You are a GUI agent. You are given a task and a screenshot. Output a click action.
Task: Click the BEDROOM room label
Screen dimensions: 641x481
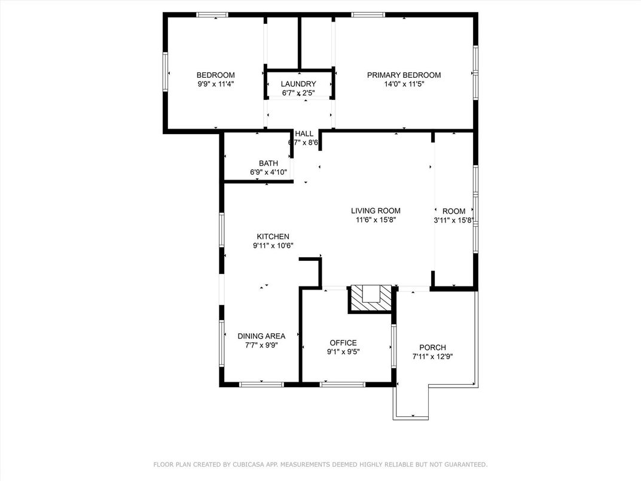click(x=215, y=75)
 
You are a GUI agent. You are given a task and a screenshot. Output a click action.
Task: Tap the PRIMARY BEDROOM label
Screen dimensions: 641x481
click(x=404, y=75)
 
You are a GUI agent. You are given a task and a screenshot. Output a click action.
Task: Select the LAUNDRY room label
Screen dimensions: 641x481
click(x=298, y=84)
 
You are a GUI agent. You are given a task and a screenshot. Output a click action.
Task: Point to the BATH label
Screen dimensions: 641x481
click(x=268, y=163)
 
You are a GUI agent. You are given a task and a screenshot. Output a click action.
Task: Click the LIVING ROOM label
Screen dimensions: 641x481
click(x=376, y=211)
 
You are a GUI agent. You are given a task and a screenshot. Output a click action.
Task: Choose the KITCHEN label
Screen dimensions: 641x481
click(x=273, y=237)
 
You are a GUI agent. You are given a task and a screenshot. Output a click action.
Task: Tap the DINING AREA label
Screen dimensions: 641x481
click(x=262, y=336)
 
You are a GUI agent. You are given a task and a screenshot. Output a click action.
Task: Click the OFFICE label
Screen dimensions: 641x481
click(x=343, y=343)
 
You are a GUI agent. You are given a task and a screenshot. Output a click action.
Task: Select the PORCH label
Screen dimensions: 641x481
click(x=432, y=348)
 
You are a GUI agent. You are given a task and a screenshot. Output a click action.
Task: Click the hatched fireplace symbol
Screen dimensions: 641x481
click(x=371, y=299)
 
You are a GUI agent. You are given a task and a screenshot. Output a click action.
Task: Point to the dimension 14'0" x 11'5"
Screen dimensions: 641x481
click(x=404, y=84)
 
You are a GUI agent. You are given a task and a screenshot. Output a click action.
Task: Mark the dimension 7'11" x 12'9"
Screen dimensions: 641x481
click(x=432, y=357)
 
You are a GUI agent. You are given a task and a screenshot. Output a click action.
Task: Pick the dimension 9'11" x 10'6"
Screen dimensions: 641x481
click(x=273, y=246)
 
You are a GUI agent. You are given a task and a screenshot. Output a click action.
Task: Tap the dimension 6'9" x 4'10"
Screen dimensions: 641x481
click(x=268, y=173)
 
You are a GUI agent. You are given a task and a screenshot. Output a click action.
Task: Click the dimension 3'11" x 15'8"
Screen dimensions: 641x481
click(x=454, y=220)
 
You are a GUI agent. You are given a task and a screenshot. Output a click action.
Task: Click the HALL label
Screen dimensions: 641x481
click(x=304, y=134)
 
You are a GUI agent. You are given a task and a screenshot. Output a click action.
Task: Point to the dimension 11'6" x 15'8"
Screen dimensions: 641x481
click(x=376, y=220)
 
